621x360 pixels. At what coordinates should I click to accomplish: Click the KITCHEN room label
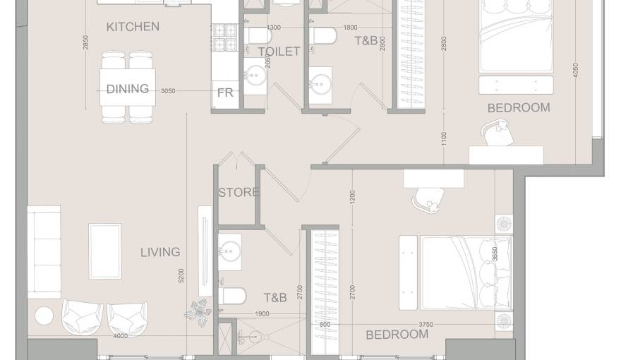pyautogui.click(x=133, y=27)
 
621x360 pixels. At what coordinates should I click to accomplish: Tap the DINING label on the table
pyautogui.click(x=128, y=89)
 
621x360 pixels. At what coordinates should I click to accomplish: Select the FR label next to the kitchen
pyautogui.click(x=225, y=92)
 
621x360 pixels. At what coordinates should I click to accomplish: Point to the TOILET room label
pyautogui.click(x=279, y=52)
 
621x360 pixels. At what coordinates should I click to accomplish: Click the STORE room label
pyautogui.click(x=239, y=192)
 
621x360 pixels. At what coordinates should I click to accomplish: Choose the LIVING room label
pyautogui.click(x=160, y=252)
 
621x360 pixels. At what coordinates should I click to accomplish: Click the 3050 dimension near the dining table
pyautogui.click(x=168, y=91)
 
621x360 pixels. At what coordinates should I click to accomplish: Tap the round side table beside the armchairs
pyautogui.click(x=44, y=316)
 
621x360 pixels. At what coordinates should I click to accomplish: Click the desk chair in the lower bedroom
pyautogui.click(x=428, y=199)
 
